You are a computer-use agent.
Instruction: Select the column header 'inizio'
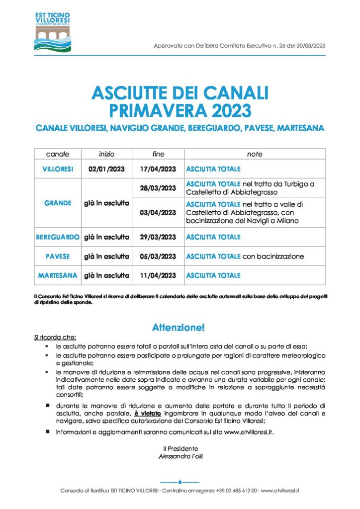click(106, 154)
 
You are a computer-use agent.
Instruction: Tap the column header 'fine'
click(158, 154)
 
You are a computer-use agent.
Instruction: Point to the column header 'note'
click(255, 154)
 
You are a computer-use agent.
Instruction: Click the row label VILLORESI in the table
click(58, 169)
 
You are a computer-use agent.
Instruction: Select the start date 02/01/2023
click(106, 169)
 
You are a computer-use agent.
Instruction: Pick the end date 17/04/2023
click(158, 169)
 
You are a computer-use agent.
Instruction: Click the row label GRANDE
click(58, 203)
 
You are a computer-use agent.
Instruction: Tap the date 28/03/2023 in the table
click(158, 188)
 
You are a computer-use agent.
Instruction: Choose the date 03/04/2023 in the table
click(158, 212)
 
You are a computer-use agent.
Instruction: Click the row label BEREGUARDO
click(58, 237)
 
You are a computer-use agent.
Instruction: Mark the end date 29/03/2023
click(158, 237)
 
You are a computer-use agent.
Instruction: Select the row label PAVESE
click(58, 256)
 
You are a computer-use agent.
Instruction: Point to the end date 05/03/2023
click(158, 256)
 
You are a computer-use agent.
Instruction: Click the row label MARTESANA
click(58, 275)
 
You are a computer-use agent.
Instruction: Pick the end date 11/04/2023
click(158, 275)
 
